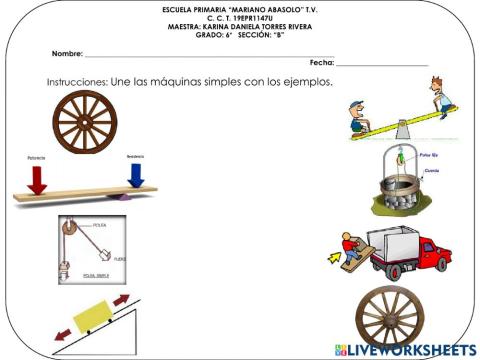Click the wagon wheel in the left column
[x=85, y=122]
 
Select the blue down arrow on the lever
[x=136, y=176]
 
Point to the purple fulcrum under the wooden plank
[x=121, y=197]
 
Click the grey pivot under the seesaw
[x=401, y=130]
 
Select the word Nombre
[x=68, y=52]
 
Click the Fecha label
[x=321, y=62]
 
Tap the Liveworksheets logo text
[x=410, y=350]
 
